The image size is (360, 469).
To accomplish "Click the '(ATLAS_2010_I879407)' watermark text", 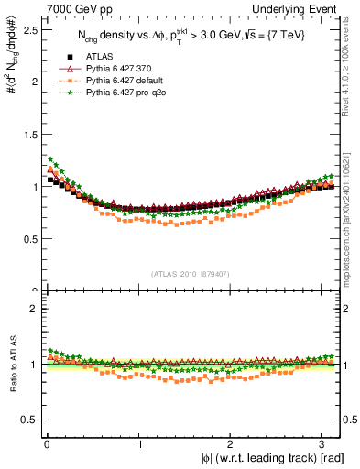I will tap(191, 272).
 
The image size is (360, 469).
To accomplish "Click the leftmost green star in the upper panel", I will tap(51, 158).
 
